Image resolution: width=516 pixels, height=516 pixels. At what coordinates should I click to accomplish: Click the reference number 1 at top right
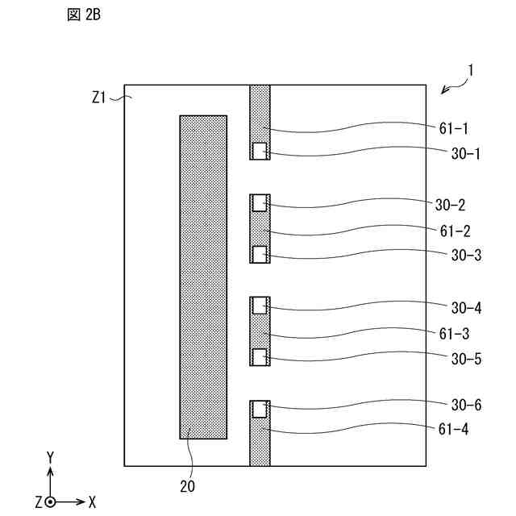coord(471,70)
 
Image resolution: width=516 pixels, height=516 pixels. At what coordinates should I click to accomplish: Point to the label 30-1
coord(466,153)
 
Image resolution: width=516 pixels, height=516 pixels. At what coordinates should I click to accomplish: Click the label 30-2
coord(466,205)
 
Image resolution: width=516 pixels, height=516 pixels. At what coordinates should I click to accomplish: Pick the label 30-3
coord(466,256)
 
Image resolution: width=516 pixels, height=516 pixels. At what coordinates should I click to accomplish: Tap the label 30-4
coord(466,307)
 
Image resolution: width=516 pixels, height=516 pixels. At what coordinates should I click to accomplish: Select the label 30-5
coord(466,359)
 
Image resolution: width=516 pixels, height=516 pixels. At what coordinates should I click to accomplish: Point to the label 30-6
coord(466,405)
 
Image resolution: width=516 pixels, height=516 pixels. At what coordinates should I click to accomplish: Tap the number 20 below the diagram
coord(187,485)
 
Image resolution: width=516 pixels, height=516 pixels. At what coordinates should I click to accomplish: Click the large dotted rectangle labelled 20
coord(203,277)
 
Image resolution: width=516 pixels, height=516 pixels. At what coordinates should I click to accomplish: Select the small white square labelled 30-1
coord(260,150)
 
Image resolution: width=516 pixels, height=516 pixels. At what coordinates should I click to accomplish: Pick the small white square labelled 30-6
coord(260,410)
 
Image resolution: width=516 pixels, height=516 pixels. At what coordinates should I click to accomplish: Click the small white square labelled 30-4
coord(260,306)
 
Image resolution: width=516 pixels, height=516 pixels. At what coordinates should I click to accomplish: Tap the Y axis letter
coord(50,458)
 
